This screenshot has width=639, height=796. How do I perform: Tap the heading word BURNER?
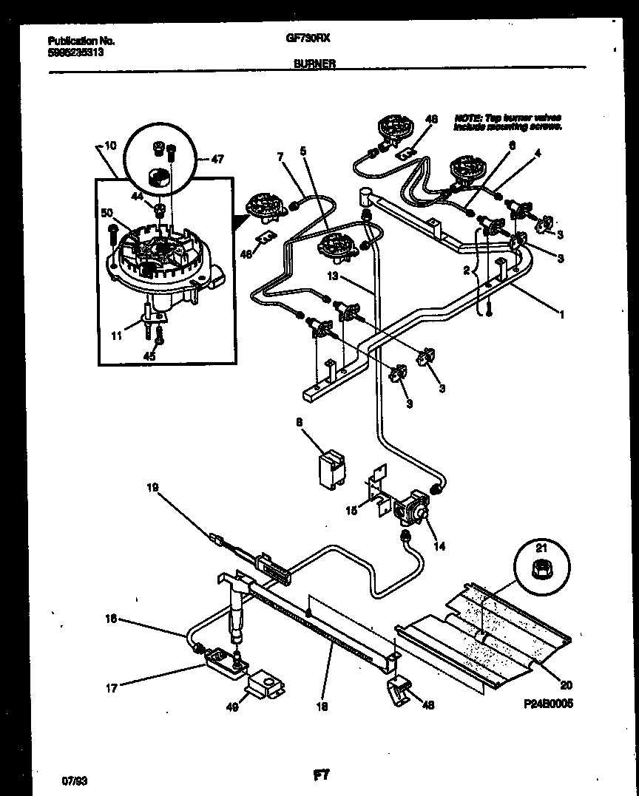(314, 64)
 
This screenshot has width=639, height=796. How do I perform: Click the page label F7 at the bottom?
(321, 775)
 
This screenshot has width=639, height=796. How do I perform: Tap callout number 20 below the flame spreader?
(567, 684)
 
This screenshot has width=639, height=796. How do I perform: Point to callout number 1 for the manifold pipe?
(562, 315)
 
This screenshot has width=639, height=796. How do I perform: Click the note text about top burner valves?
(507, 122)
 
